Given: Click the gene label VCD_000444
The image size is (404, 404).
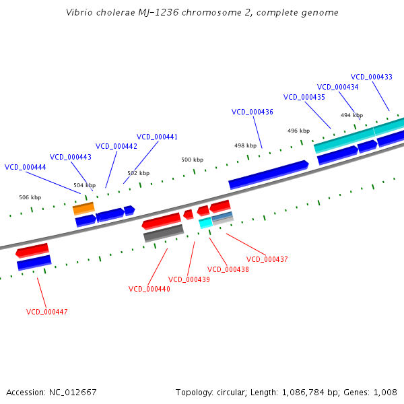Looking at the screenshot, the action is pos(26,167).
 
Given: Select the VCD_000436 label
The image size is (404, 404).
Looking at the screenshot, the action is pos(252,112).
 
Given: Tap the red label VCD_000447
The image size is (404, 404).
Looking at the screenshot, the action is pos(47,312).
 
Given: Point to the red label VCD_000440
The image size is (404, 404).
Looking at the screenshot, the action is pos(149,289).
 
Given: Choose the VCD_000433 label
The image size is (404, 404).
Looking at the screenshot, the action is pos(372,77).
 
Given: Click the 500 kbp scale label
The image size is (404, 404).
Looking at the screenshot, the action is pos(192,160).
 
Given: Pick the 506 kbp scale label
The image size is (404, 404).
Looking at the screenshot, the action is pos(30,197).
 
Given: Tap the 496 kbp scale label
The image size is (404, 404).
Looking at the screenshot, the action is pos(298,131).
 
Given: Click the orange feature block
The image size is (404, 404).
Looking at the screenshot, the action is pos(83,209).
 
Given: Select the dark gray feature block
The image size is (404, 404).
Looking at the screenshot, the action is pos(164,233).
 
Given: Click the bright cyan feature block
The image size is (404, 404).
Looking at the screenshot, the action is pos(205,223).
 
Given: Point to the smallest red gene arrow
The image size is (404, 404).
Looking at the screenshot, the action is pos(189,215).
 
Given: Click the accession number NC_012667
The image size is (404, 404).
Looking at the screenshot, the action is pos(73,393).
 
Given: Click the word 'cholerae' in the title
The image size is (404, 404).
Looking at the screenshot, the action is pos(115,12).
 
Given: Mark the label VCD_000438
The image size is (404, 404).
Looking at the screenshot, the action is pos(228,269).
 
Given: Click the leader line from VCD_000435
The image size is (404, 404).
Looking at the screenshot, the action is pos(318,115).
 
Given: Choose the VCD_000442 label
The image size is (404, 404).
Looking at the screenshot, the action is pos(116,146).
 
